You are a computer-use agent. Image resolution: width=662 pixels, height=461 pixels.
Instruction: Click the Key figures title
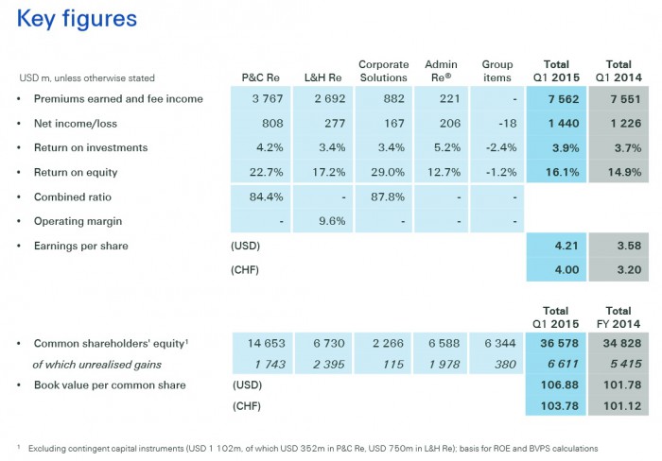(77, 18)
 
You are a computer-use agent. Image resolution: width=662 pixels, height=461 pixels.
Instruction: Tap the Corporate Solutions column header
(383, 71)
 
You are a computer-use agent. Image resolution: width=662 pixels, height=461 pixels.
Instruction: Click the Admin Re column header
(441, 71)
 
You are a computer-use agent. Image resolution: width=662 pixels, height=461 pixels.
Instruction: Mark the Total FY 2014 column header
(618, 316)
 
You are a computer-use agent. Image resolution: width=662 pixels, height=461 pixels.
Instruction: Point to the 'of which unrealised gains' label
(96, 365)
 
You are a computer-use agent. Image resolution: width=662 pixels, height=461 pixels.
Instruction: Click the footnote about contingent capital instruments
(312, 447)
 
